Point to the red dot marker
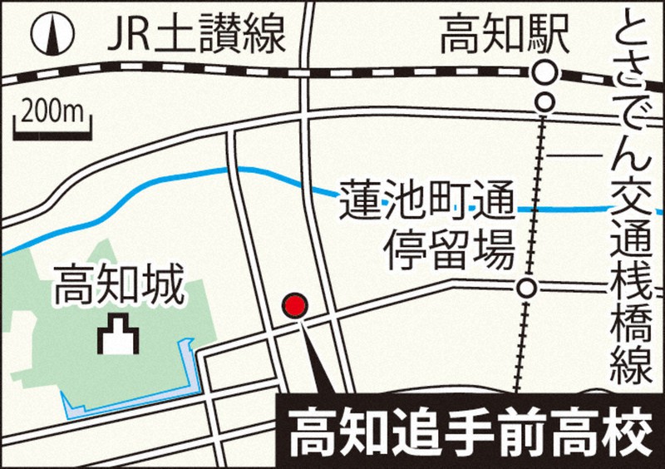[294, 305]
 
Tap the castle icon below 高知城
[116, 336]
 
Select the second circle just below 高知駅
[544, 102]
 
